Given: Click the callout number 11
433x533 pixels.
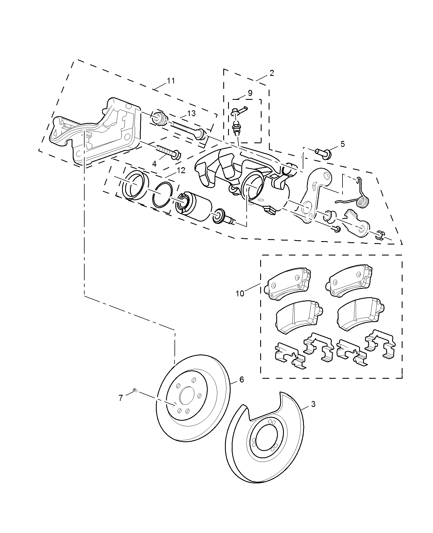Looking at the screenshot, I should (x=171, y=81).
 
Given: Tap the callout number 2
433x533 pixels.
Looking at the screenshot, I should (x=271, y=73).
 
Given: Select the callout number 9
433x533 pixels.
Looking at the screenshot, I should (x=250, y=93).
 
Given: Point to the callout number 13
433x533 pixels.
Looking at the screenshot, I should (x=191, y=113).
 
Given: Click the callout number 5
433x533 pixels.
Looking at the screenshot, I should (x=342, y=144).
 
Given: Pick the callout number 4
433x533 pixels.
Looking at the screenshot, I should (x=154, y=164).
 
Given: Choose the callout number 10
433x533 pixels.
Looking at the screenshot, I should (x=240, y=293).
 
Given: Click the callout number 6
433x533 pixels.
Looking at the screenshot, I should (x=241, y=379).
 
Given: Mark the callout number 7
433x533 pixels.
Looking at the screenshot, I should (x=121, y=398).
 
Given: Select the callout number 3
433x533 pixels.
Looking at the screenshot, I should (x=313, y=404).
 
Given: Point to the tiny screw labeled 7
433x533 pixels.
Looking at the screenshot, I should (x=135, y=390).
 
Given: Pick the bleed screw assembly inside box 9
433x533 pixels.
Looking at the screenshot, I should (x=236, y=121).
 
